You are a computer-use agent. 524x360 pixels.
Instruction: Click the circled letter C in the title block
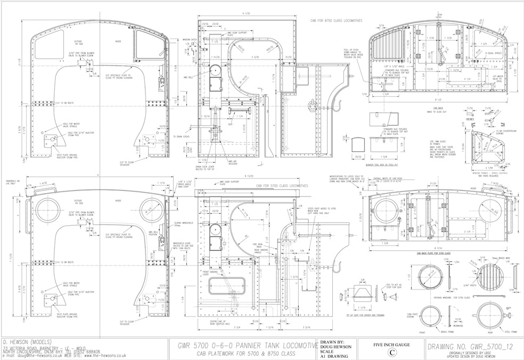[392, 351]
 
